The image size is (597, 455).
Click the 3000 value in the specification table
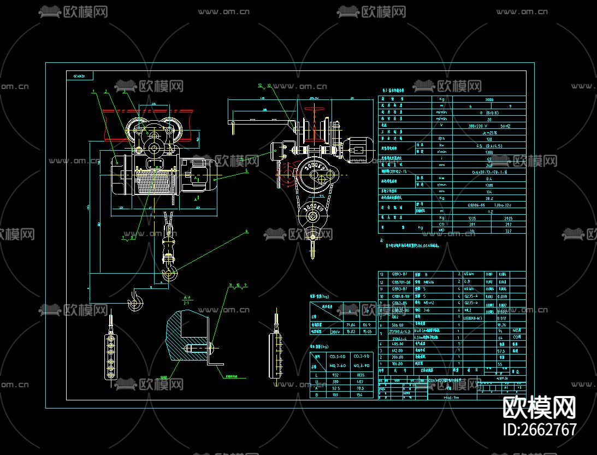coord(489,99)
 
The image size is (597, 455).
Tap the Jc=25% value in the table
coord(489,133)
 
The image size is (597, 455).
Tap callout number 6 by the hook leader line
coord(246,231)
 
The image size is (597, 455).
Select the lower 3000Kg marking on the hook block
coord(311,210)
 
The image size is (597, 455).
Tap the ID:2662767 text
coord(540,429)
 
